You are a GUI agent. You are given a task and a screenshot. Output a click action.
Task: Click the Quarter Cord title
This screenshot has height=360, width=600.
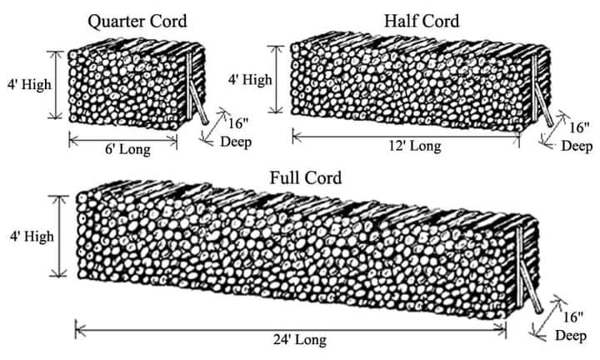(x=137, y=22)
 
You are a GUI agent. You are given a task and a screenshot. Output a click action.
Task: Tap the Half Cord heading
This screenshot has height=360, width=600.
(x=422, y=21)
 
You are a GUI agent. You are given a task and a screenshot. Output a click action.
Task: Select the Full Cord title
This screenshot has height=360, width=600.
(x=306, y=177)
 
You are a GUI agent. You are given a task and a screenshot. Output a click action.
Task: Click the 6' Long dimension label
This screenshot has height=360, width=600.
(x=127, y=149)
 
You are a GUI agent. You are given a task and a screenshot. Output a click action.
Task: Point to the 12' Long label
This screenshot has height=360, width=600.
(x=415, y=146)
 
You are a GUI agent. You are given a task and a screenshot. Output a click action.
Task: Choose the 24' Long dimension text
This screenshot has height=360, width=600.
(x=300, y=340)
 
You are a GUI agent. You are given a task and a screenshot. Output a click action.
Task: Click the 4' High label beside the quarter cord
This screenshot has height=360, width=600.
(x=29, y=84)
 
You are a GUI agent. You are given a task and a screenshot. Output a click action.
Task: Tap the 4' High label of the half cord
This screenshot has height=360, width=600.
(x=250, y=80)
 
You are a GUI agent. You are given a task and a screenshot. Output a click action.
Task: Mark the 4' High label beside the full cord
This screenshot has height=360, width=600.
(x=32, y=237)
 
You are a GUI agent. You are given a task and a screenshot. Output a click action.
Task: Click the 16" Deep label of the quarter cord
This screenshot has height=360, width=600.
(x=236, y=132)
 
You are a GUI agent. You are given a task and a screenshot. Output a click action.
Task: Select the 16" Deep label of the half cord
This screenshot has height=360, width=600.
(x=577, y=137)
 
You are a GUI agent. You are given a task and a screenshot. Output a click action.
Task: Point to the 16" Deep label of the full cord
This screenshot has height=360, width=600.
(x=571, y=327)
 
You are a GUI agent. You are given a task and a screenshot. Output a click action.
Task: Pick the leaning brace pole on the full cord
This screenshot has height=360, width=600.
(x=532, y=288)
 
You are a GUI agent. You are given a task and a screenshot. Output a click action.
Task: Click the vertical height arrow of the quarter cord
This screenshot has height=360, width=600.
(x=57, y=85)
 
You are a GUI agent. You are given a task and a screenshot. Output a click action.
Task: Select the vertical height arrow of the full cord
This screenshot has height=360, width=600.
(x=59, y=236)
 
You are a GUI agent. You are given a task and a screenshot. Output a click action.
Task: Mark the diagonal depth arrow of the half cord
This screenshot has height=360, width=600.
(x=553, y=129)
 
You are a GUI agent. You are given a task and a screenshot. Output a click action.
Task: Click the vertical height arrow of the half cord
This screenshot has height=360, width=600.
(x=276, y=79)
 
